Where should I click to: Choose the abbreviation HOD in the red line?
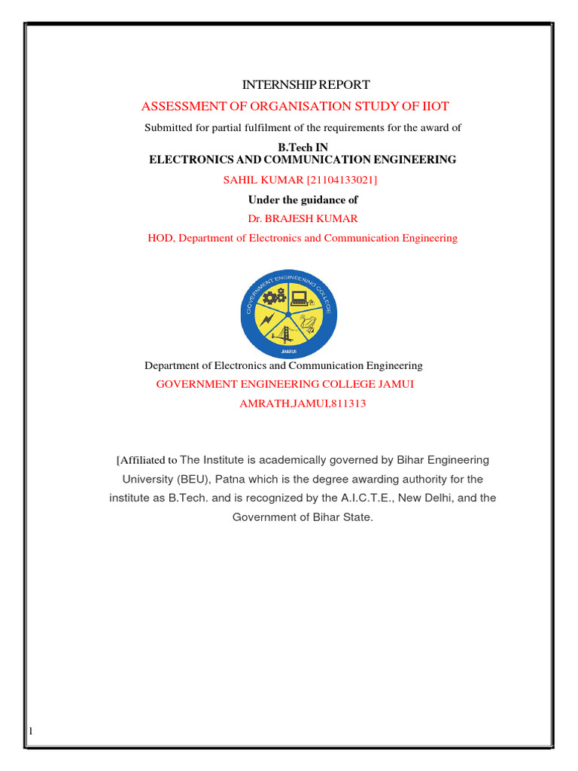(x=160, y=238)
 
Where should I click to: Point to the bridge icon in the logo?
(x=288, y=333)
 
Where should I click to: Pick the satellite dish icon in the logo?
(x=309, y=324)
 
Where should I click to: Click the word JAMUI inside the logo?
(x=289, y=351)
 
